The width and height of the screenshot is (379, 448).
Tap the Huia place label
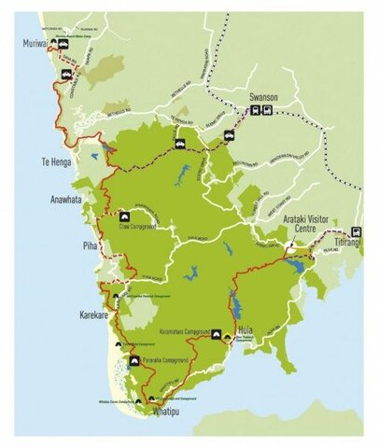(x=246, y=330)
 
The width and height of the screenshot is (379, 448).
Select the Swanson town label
(x=264, y=95)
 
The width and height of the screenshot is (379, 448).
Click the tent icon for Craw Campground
(x=124, y=216)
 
